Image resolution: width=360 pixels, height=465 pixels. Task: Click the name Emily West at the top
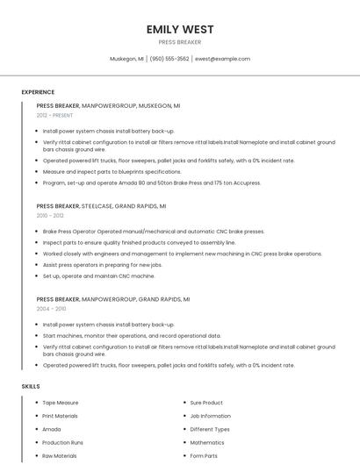point(180,29)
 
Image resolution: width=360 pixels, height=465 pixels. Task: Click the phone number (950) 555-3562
point(169,59)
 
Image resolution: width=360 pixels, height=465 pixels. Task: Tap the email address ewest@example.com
point(222,59)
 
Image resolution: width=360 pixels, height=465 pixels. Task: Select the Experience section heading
point(38,92)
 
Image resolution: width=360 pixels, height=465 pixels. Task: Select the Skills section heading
point(30,386)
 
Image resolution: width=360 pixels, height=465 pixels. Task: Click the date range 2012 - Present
point(54,115)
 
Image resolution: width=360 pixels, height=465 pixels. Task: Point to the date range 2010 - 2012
point(50,215)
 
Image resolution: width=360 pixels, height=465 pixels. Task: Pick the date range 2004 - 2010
point(50,309)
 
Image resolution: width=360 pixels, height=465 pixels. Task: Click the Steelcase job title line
point(101,205)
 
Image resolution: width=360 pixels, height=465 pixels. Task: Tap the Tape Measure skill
point(61,403)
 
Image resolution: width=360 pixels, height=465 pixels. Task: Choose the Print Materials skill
point(61,416)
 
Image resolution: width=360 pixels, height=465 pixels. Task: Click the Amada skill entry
point(52,429)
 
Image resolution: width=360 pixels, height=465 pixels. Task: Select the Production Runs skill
point(63,442)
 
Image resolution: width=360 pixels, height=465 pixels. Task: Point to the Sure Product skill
point(206,403)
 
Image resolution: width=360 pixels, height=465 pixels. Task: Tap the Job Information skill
point(210,416)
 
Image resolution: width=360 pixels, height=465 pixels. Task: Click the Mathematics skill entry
point(207,442)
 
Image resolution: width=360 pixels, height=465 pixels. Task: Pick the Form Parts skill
point(204,455)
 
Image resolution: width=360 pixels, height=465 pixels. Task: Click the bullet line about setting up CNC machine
point(87,275)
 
